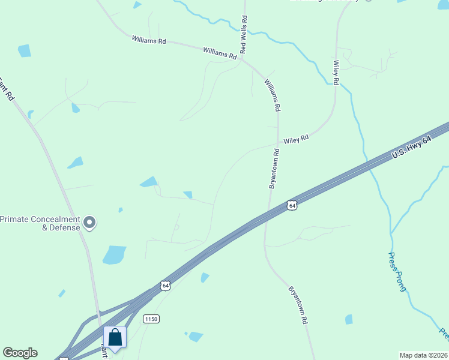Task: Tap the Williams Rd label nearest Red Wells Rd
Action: tap(220, 53)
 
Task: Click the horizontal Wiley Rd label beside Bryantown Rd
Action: tap(296, 139)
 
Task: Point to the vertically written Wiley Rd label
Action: tap(336, 72)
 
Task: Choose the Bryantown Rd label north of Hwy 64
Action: tap(275, 169)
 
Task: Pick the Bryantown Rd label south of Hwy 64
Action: tap(298, 305)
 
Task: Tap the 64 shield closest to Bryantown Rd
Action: tap(292, 205)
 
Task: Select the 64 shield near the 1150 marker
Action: tap(165, 286)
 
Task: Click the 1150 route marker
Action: tap(151, 320)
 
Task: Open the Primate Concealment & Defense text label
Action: tap(40, 223)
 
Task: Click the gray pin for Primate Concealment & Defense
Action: tap(90, 223)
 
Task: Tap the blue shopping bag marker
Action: tap(115, 337)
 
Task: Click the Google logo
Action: tap(20, 353)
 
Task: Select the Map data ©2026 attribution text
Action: tap(423, 355)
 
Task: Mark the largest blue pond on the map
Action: tap(114, 254)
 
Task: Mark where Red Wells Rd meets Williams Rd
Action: tap(245, 58)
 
